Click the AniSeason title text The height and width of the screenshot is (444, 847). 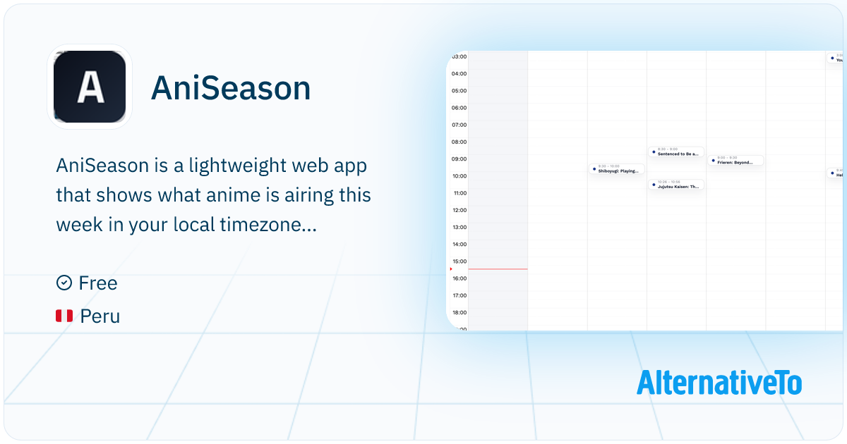231,89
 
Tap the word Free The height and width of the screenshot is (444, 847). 98,283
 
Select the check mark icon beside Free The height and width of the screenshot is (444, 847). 64,283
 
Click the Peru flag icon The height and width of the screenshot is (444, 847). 64,316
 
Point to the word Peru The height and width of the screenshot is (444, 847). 100,316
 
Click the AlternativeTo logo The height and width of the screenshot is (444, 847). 719,383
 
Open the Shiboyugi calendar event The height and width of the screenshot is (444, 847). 617,169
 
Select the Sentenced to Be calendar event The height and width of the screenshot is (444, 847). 676,152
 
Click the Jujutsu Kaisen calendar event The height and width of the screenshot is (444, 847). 676,185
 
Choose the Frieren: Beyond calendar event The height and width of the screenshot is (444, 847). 735,161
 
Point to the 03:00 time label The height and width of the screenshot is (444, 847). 459,56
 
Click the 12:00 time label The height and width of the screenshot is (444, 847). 459,210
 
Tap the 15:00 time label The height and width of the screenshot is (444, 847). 459,261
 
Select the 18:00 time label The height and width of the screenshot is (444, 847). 459,312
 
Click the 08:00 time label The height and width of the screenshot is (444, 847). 459,142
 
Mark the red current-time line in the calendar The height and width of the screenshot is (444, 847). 498,269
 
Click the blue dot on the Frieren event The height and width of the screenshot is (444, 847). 713,161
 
